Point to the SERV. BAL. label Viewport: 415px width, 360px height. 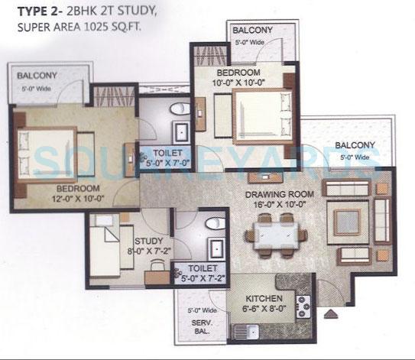(x=201, y=327)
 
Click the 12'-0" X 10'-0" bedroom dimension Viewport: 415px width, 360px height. (x=68, y=198)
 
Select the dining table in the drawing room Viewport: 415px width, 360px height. (x=274, y=233)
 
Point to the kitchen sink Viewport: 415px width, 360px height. (x=246, y=331)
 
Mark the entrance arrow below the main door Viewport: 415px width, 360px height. (x=329, y=313)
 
